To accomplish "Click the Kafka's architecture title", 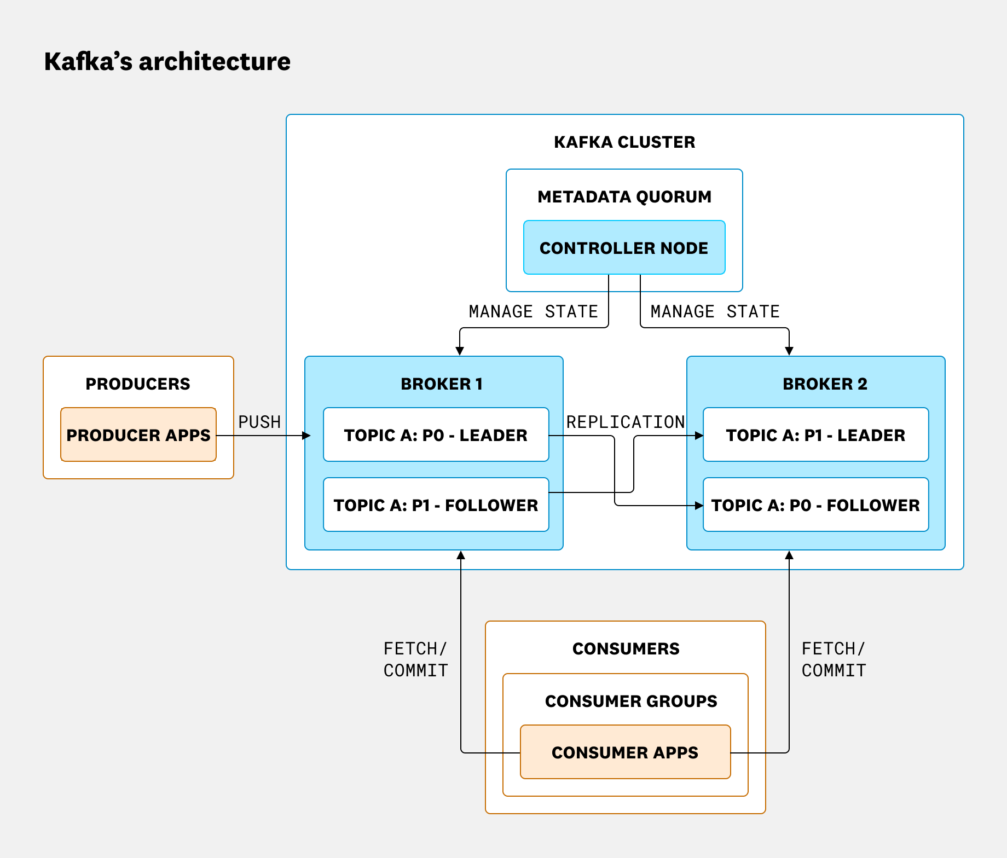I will pyautogui.click(x=167, y=61).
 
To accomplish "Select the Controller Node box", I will pyautogui.click(x=624, y=248).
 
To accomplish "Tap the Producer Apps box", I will pyautogui.click(x=138, y=435).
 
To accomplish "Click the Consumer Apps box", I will pyautogui.click(x=625, y=752).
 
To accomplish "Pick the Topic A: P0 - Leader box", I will pyautogui.click(x=436, y=435).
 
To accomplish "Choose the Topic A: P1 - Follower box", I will pyautogui.click(x=436, y=505).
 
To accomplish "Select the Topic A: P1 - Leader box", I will pyautogui.click(x=815, y=435).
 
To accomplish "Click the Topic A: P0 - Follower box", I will pyautogui.click(x=815, y=505).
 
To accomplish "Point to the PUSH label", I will pyautogui.click(x=259, y=422).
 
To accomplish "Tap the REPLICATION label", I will pyautogui.click(x=625, y=422).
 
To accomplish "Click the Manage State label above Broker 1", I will pyautogui.click(x=533, y=311).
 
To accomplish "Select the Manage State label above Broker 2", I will pyautogui.click(x=715, y=311).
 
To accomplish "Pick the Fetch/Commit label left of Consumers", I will pyautogui.click(x=415, y=659).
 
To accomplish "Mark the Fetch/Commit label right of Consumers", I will pyautogui.click(x=834, y=659).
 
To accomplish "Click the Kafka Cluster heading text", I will pyautogui.click(x=624, y=142).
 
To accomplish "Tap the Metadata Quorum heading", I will pyautogui.click(x=624, y=197).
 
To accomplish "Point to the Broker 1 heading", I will pyautogui.click(x=441, y=384).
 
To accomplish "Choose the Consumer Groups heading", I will pyautogui.click(x=631, y=702).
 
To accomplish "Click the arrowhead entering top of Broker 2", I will pyautogui.click(x=789, y=351).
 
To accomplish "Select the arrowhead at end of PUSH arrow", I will pyautogui.click(x=306, y=436).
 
